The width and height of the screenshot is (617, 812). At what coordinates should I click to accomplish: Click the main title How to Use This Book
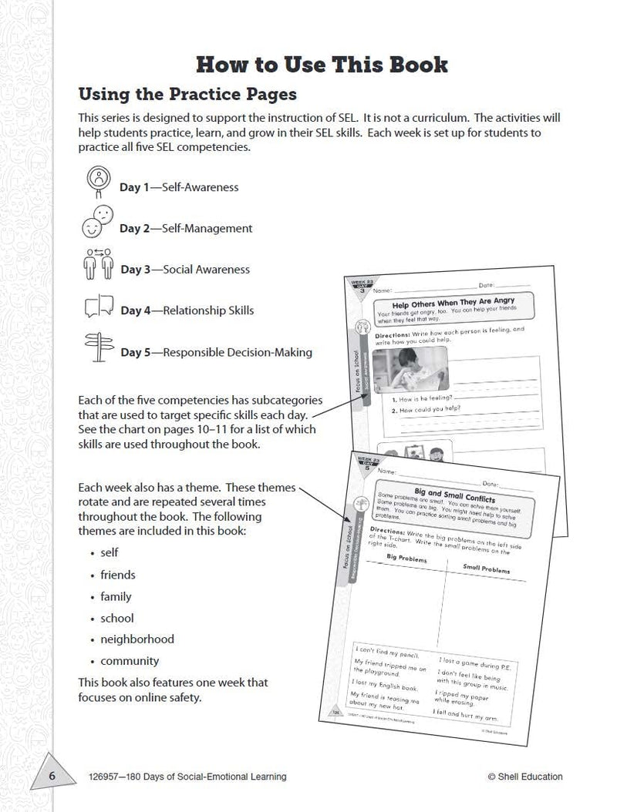[x=322, y=64]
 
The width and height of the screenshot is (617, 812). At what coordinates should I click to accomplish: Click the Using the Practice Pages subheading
[x=188, y=96]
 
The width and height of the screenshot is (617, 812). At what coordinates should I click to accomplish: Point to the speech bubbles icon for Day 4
[x=99, y=308]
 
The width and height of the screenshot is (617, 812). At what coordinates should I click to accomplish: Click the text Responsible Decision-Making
[x=228, y=353]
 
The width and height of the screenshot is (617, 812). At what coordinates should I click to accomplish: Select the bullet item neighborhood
[x=137, y=639]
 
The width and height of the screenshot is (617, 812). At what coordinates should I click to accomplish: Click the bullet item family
[x=116, y=596]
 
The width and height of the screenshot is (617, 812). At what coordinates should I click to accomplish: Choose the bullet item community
[x=130, y=661]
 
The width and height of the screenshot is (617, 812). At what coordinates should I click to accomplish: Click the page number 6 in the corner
[x=52, y=776]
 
